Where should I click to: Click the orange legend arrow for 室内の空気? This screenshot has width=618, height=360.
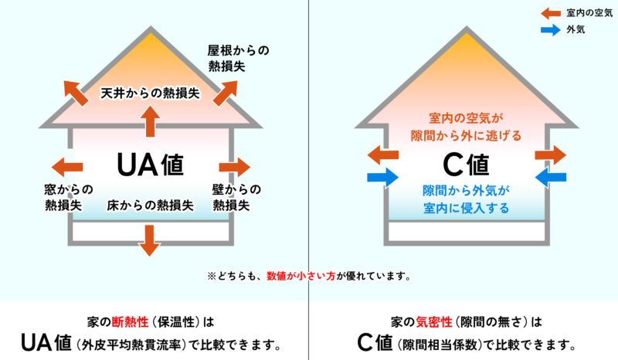pos(551,13)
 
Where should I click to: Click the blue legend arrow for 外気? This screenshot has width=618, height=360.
pos(551,29)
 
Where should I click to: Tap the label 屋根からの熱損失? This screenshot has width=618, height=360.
pos(238,59)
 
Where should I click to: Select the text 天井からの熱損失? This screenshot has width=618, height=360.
pos(150,93)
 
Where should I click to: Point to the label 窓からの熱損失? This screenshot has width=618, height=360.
pos(69,197)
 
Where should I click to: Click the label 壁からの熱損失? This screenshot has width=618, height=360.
pos(236,197)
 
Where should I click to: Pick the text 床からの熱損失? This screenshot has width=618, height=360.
pos(150,205)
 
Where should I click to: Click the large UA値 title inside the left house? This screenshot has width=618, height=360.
pos(150,165)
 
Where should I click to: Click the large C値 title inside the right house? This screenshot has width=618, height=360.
pos(466,165)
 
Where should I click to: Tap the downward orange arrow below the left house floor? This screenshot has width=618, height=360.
pos(149,240)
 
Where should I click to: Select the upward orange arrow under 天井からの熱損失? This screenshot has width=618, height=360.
pos(150,121)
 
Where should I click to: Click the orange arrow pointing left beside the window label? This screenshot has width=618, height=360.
pos(67,167)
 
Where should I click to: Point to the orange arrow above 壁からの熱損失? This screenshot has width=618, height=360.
pos(235,167)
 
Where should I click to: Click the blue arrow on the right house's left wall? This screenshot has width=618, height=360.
pos(382,178)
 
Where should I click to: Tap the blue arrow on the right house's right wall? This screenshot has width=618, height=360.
pos(551,178)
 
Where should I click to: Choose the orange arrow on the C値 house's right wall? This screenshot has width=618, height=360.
pos(551,155)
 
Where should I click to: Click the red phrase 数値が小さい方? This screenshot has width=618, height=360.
pos(301,276)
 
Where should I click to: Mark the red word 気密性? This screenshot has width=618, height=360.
pos(434,322)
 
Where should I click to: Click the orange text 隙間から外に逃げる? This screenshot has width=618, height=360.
pos(466,136)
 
